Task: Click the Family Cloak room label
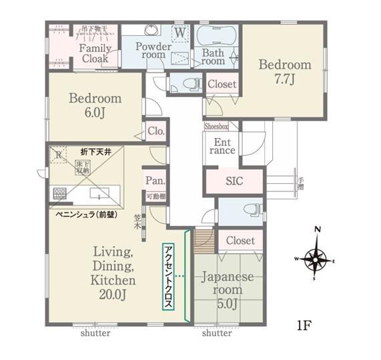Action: click(x=95, y=53)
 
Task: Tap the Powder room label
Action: click(x=153, y=51)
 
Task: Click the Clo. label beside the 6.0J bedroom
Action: click(x=156, y=131)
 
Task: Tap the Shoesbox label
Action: click(x=216, y=125)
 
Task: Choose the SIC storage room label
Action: click(x=234, y=181)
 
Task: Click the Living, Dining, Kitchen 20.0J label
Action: click(x=114, y=273)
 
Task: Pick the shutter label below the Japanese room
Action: click(x=217, y=333)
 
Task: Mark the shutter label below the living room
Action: click(x=95, y=333)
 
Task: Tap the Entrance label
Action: click(x=222, y=146)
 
